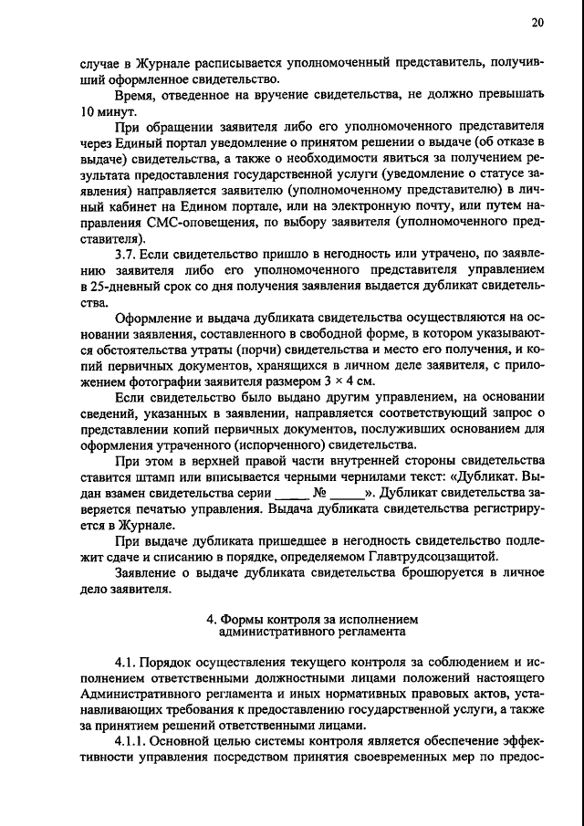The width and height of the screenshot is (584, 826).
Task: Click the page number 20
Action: coord(537,23)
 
